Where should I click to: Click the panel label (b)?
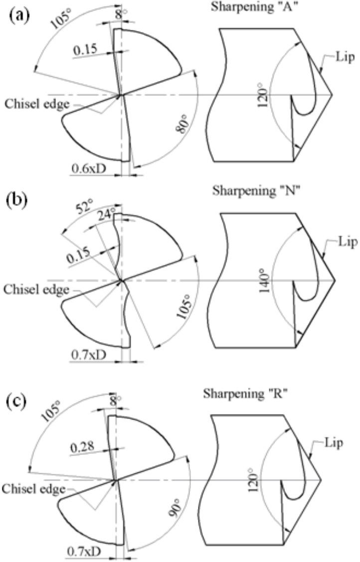[x=18, y=205]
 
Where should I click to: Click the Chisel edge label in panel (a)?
[x=33, y=104]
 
